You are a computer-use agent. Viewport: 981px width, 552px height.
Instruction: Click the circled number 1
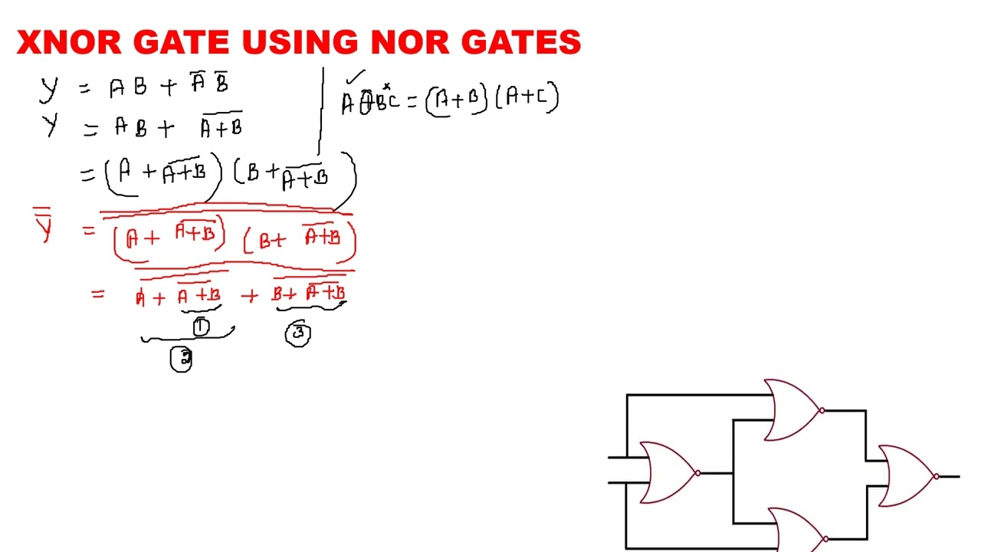(x=201, y=327)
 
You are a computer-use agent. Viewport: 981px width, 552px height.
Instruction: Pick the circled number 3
(x=298, y=333)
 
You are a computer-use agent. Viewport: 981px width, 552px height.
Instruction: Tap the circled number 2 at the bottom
(x=182, y=359)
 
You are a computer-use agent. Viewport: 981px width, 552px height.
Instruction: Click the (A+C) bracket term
(x=528, y=98)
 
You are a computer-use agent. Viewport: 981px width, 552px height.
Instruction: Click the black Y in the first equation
(x=48, y=87)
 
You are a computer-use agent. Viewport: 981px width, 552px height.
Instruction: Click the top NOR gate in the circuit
(x=791, y=410)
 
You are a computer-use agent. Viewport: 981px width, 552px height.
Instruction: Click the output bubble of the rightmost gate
(x=937, y=477)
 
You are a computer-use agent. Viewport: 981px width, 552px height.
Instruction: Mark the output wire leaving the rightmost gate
(x=950, y=477)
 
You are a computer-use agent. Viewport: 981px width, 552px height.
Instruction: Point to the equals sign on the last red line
(x=97, y=294)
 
